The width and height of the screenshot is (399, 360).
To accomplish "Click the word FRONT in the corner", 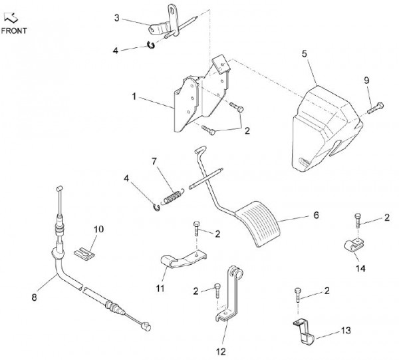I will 13,31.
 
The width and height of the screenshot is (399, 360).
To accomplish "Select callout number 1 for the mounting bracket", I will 134,97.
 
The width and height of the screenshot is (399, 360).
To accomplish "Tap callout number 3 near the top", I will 116,18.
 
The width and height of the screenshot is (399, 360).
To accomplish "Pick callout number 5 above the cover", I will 305,54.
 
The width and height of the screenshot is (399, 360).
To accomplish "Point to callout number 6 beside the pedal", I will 316,215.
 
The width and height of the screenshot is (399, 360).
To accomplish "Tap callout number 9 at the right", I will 366,81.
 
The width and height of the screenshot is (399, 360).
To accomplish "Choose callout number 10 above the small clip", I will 98,230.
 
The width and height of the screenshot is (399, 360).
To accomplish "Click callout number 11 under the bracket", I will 160,288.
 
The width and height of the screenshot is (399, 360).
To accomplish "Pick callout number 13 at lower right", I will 345,330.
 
